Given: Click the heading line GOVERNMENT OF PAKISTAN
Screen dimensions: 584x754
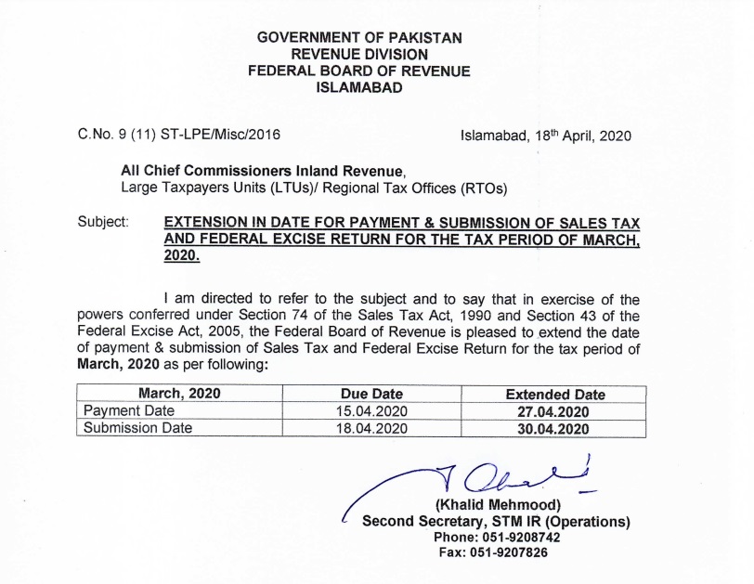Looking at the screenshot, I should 359,37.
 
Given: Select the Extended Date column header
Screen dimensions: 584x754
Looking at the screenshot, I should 554,394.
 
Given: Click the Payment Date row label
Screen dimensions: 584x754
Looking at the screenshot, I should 128,410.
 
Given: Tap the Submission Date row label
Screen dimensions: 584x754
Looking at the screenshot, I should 137,427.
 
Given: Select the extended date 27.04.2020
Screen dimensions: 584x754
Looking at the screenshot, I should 554,410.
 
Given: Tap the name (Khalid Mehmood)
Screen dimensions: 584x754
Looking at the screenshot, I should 496,505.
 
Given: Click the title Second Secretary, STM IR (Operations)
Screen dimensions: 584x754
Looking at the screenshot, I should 496,521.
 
